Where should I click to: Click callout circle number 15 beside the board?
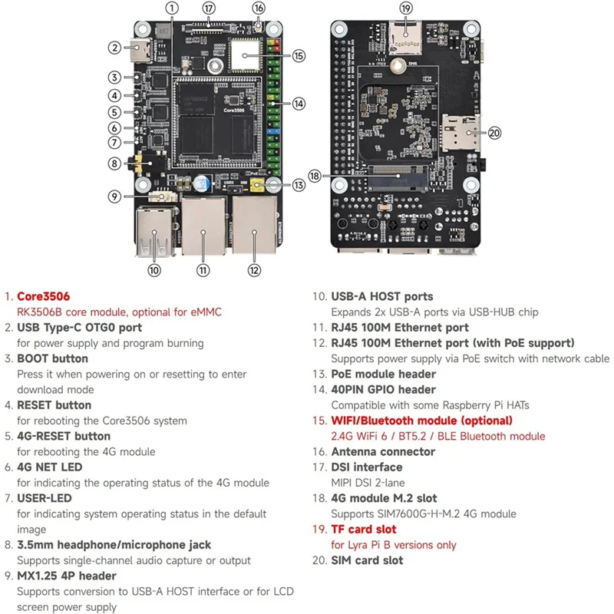coord(299,55)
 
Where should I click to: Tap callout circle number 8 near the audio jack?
coord(114,163)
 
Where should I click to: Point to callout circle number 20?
coord(494,133)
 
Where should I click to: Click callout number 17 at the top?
coord(209,8)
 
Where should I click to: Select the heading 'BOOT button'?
coord(52,358)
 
